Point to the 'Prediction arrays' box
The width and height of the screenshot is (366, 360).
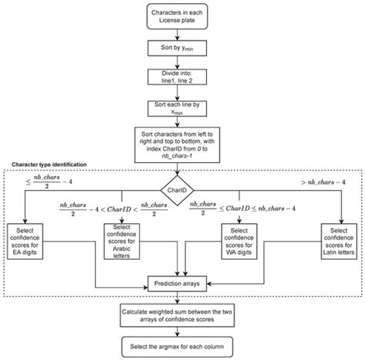(x=179, y=284)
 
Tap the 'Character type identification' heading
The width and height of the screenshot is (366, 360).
(x=49, y=166)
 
